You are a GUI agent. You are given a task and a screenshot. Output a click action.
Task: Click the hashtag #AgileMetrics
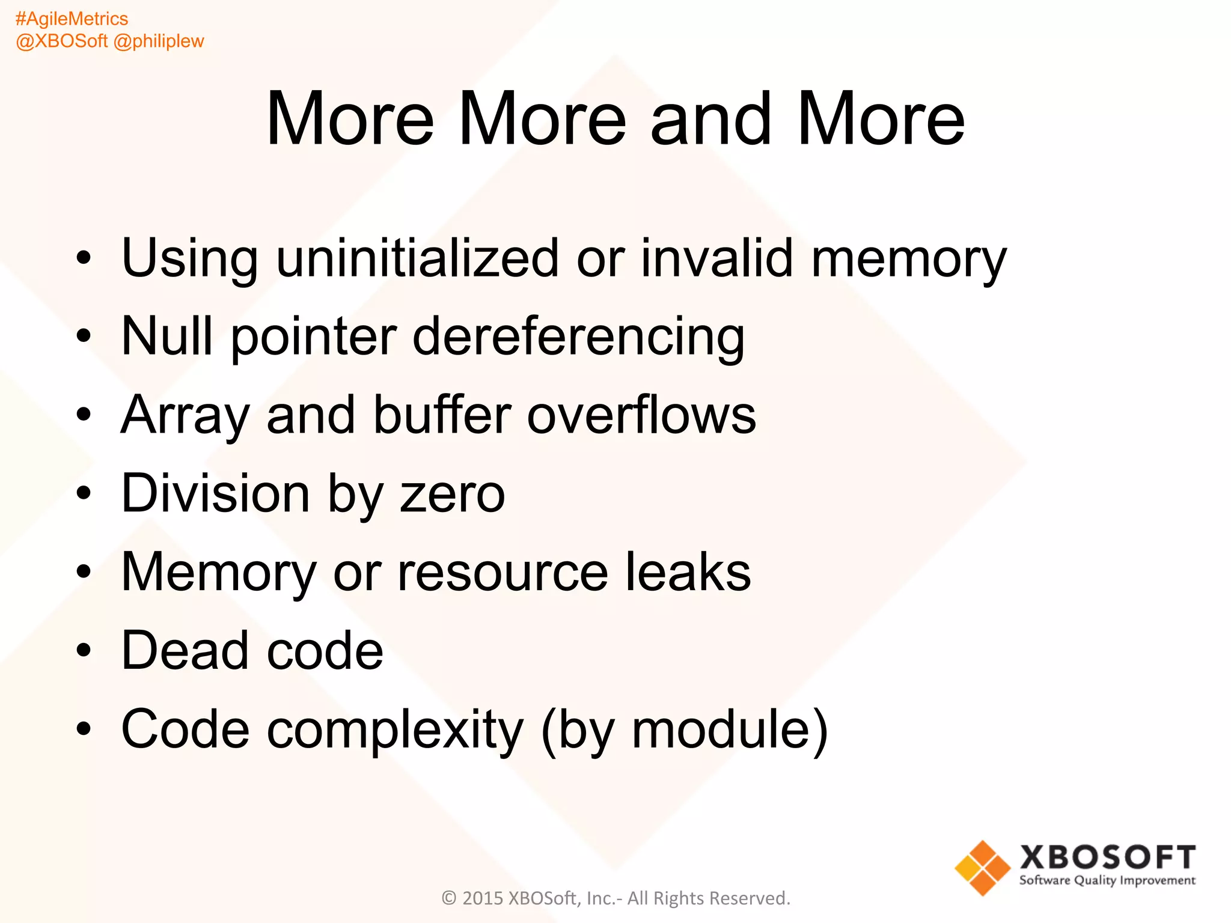coord(72,19)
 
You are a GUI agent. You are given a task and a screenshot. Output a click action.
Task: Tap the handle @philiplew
coord(159,41)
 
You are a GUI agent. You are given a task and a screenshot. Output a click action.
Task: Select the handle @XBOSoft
coord(62,41)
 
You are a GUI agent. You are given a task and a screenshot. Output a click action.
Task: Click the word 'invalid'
coord(717,258)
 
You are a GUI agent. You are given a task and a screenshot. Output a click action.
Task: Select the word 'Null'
coord(167,336)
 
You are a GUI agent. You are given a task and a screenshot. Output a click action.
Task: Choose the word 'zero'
coord(452,495)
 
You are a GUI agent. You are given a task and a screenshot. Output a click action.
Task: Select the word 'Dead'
coord(185,650)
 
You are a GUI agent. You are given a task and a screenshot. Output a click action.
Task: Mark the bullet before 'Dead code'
coord(84,650)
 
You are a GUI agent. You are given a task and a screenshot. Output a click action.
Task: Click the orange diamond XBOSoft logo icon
coord(982,868)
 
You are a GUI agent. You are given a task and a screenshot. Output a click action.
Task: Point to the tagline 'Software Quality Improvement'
coord(1107,881)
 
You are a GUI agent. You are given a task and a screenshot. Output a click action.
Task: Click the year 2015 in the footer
coord(483,898)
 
